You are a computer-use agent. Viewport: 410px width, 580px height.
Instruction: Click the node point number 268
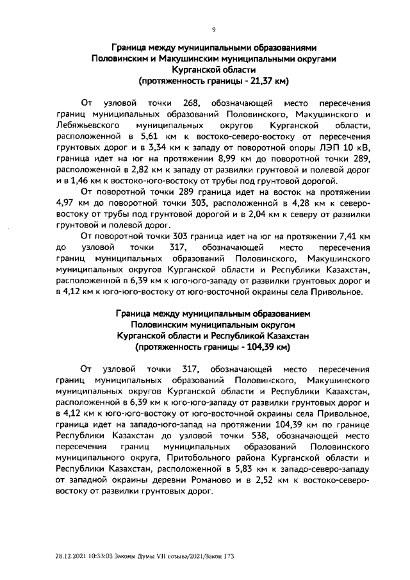[x=192, y=103]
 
